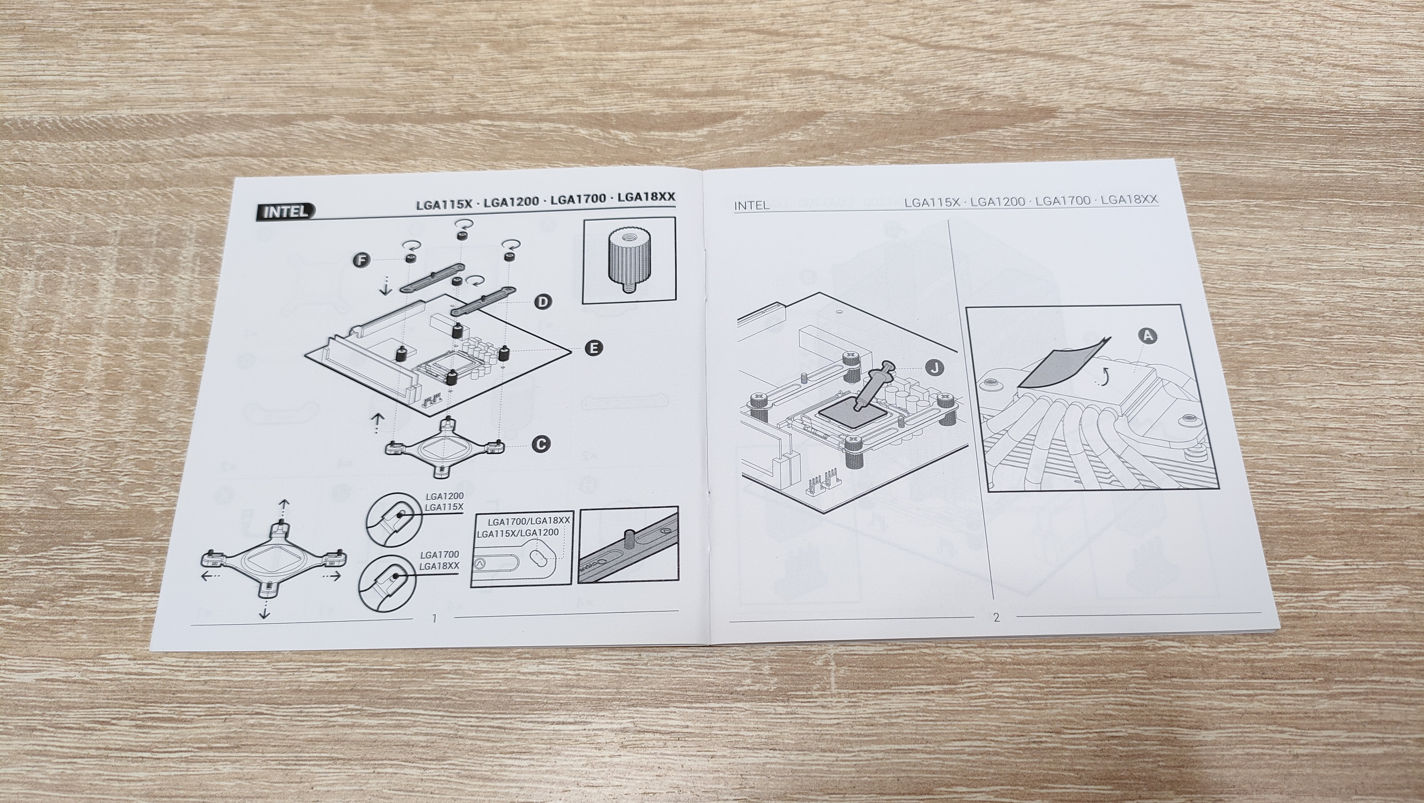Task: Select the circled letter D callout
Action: click(x=544, y=302)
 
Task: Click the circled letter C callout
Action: click(x=541, y=444)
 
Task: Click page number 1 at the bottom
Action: click(x=435, y=618)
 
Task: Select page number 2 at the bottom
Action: click(x=996, y=617)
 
